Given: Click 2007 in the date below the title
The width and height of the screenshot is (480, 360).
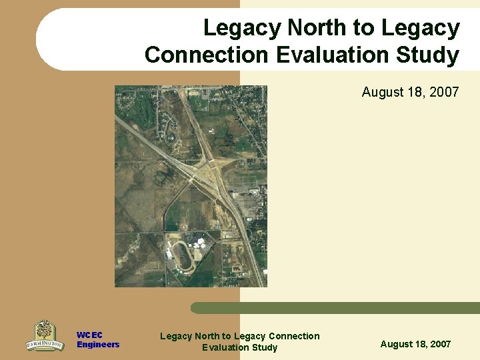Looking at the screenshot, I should pos(444,92).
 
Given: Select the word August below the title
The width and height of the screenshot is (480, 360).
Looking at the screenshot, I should pos(383,92).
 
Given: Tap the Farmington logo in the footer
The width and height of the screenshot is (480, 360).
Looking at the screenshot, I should pos(45,335).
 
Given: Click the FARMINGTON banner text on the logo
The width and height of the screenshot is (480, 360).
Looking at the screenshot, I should pos(45,345).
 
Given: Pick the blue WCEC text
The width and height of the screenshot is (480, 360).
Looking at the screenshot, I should pos(89,335).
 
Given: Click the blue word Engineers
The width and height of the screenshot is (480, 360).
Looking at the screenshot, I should pos(97,345).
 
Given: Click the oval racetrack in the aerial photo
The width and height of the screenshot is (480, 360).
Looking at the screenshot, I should pos(181,257).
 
